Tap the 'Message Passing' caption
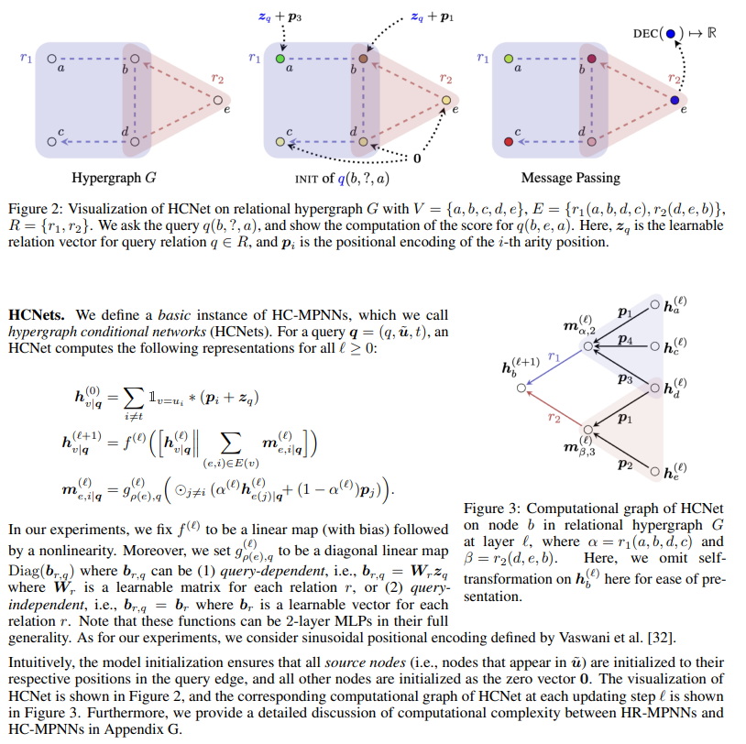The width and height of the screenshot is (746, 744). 570,177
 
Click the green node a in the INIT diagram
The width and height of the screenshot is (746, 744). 280,58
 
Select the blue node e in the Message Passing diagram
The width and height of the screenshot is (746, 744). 675,99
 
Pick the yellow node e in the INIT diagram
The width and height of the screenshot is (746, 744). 445,99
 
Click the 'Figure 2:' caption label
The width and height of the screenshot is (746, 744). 38,209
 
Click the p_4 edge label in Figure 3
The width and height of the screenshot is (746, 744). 626,339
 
